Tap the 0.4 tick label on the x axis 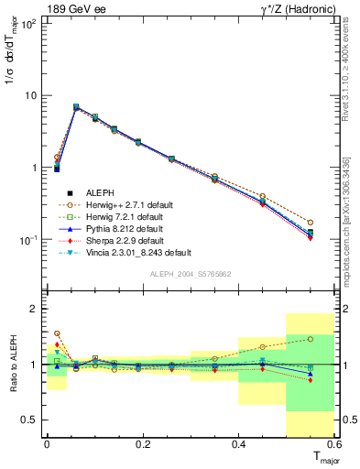click(238, 443)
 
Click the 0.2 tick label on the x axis click(142, 443)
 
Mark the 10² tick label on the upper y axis click(29, 23)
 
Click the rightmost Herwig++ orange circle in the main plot click(311, 223)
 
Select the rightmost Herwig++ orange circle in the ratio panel click(311, 339)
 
